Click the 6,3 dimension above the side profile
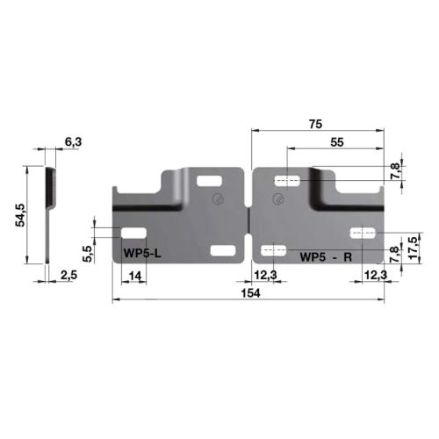click(x=74, y=143)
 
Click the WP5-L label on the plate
click(x=143, y=254)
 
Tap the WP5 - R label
click(x=325, y=256)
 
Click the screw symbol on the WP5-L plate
click(x=217, y=200)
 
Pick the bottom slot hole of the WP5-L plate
click(x=223, y=252)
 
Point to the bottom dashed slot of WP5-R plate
click(x=274, y=251)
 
